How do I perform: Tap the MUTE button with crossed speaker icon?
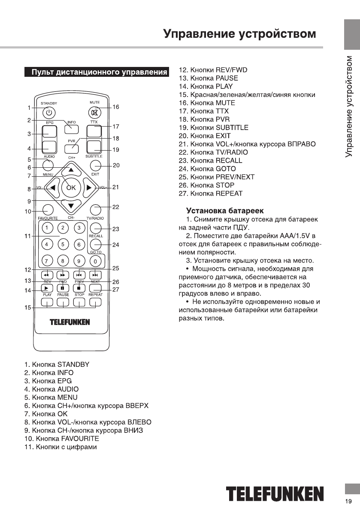coord(94,113)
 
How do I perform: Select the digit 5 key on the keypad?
coord(63,244)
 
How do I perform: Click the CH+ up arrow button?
coord(71,170)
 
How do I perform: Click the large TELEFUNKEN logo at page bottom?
coord(275,494)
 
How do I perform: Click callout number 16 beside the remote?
coord(116,107)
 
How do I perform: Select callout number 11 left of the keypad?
coord(28,236)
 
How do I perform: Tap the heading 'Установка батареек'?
coord(224,211)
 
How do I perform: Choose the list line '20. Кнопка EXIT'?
coord(205,136)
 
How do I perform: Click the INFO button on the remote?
coord(71,128)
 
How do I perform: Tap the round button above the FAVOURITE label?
coord(48,210)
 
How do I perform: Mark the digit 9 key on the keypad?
coord(79,260)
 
